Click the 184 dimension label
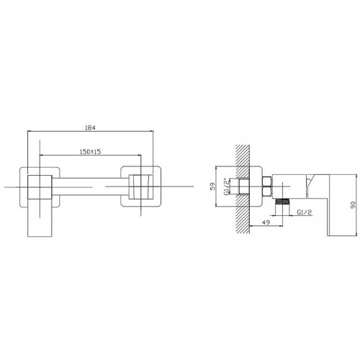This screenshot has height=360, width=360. point(90,127)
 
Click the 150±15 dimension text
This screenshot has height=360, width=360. point(90,152)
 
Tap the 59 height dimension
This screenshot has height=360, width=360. point(213,186)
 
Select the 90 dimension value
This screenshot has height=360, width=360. point(353,204)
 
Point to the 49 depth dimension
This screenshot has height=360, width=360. point(266,222)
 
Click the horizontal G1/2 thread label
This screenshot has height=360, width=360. point(304,212)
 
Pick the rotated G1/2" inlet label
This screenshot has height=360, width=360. point(226,186)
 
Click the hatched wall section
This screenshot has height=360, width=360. point(243,189)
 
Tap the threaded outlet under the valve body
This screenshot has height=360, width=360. point(282,202)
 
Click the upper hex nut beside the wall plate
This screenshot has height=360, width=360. point(267,181)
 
